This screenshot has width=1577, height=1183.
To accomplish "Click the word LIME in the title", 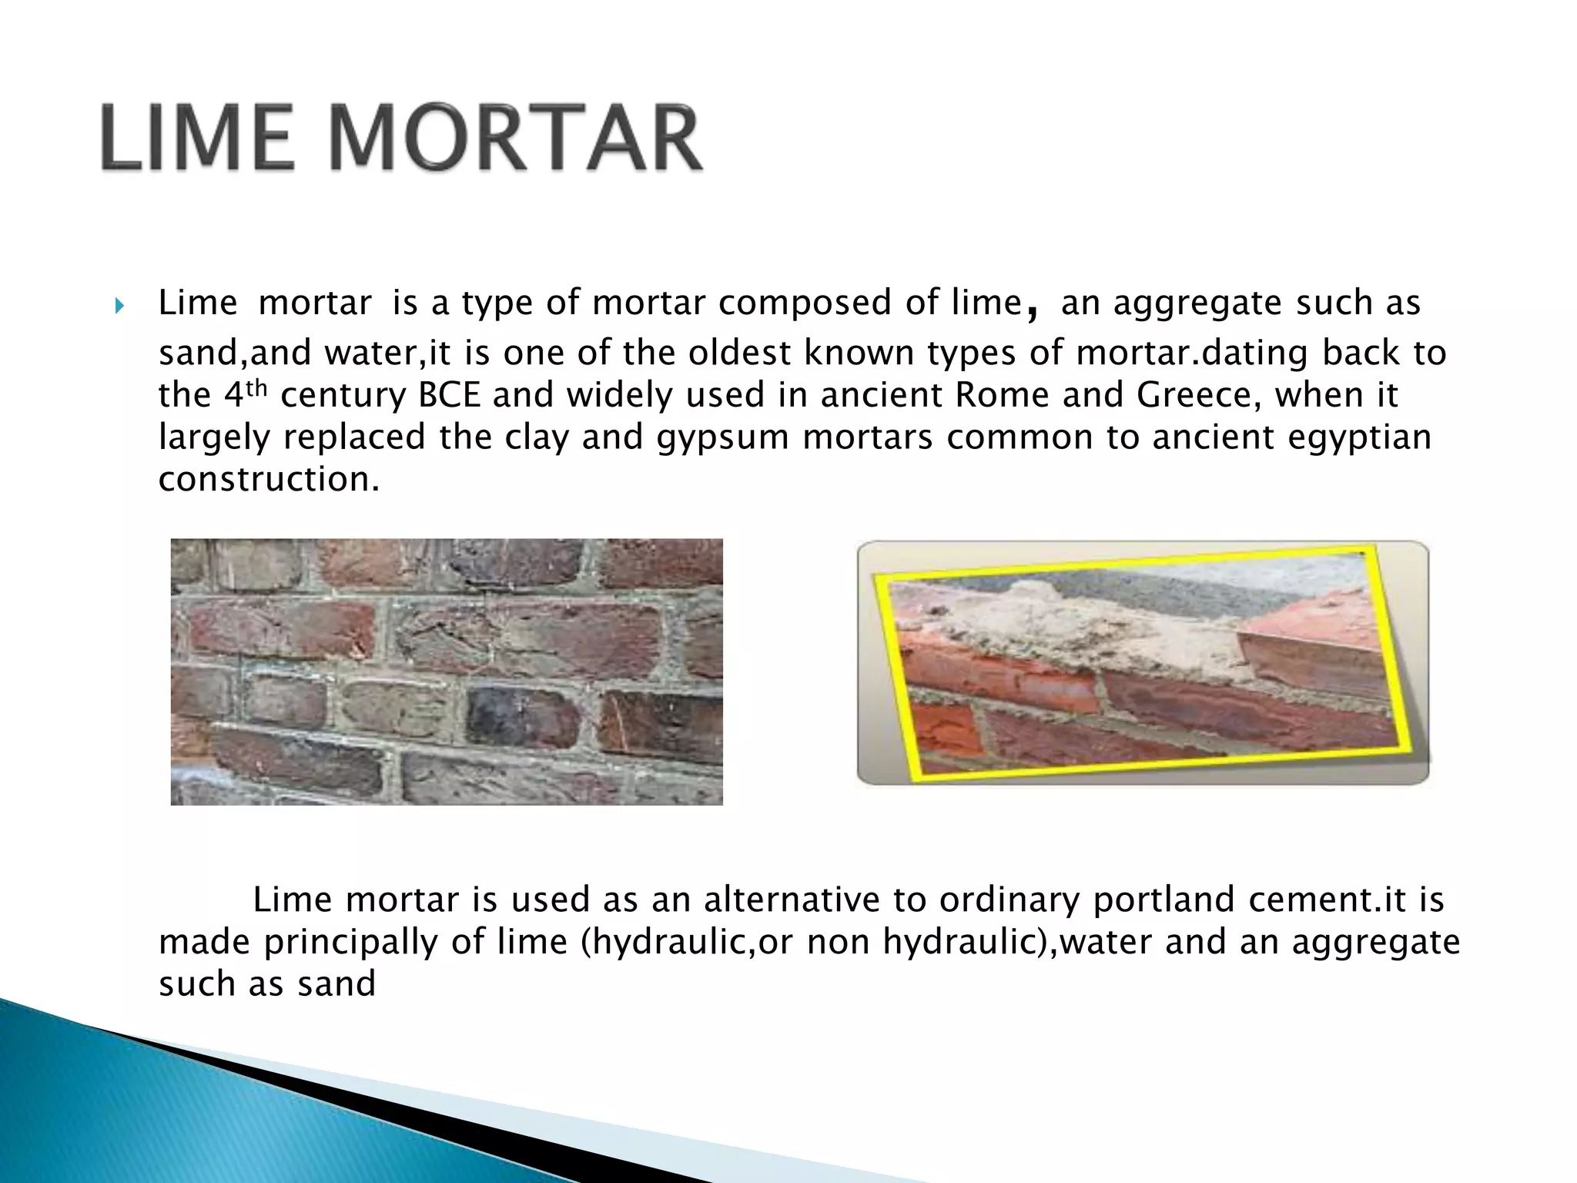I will point(196,139).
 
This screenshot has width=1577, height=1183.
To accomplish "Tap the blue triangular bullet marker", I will point(119,307).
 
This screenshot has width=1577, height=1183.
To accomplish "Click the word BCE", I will point(449,396).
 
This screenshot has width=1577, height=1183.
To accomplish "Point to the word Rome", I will point(1002,396).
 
